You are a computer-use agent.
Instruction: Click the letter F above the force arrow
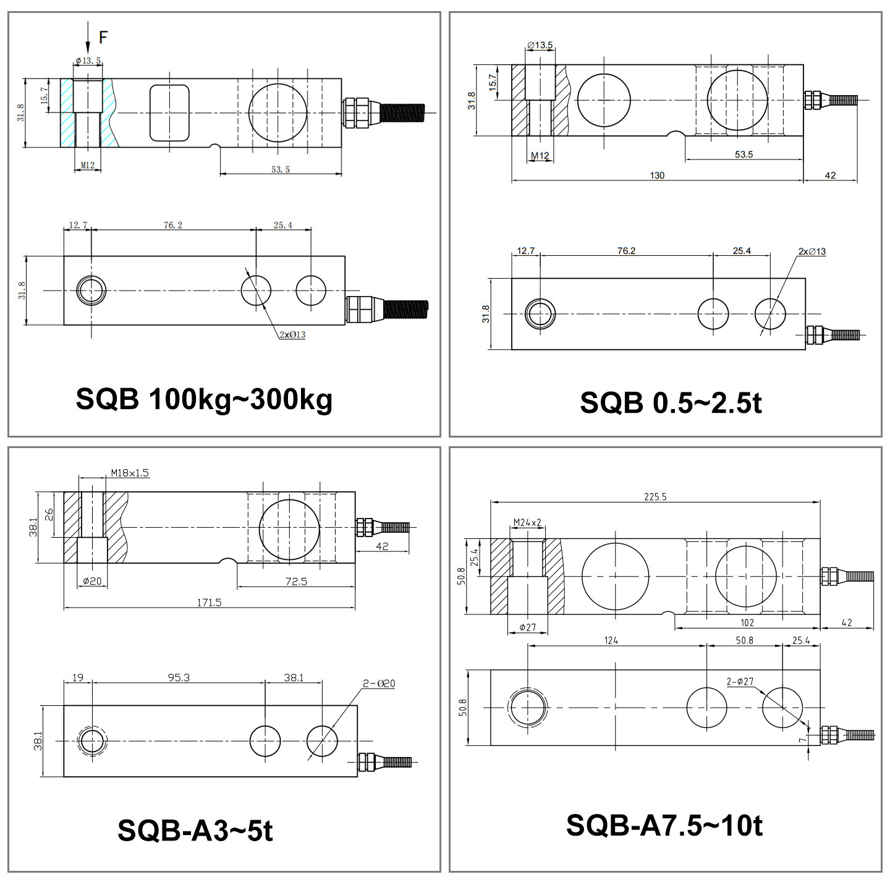103,37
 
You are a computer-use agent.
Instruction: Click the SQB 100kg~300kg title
204,399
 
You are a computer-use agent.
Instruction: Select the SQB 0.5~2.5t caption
671,403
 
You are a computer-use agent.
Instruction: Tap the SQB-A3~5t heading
195,830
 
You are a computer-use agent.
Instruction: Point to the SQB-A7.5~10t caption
664,825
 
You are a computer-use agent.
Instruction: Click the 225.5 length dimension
655,496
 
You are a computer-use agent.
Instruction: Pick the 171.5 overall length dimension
210,602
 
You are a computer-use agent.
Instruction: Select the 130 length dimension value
657,176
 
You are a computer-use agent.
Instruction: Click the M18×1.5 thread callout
130,472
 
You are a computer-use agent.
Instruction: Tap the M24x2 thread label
527,522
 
